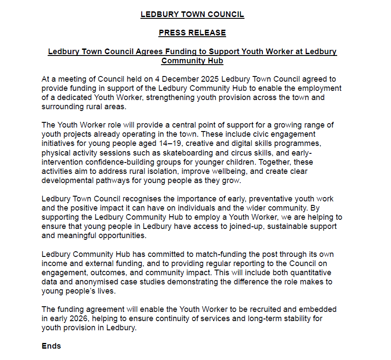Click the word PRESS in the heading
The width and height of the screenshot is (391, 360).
tap(171, 33)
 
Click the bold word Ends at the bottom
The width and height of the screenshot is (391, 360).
tap(51, 346)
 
